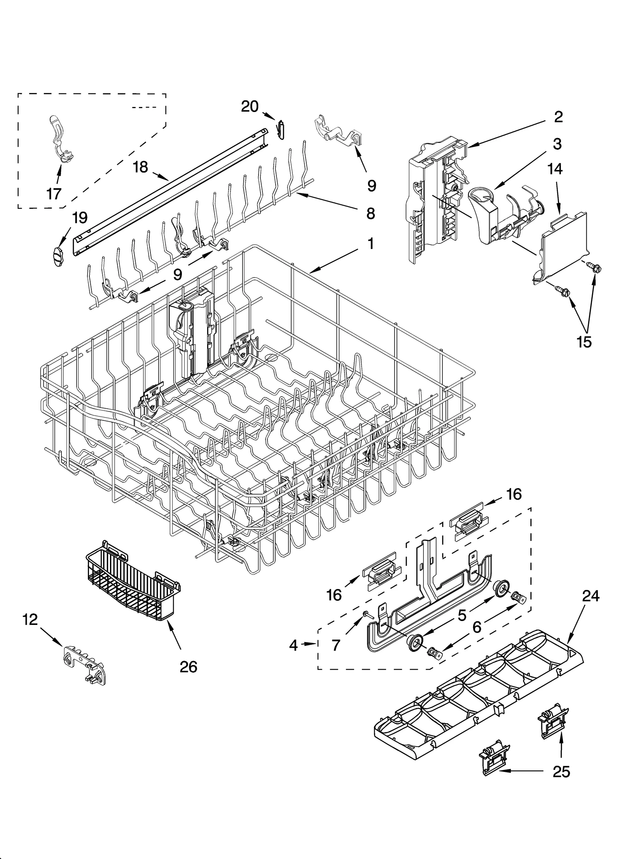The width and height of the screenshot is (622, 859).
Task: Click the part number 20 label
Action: (250, 106)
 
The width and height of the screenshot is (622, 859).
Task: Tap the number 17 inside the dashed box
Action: (54, 193)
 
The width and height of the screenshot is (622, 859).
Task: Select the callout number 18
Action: (140, 167)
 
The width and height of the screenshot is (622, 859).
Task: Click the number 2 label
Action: (558, 117)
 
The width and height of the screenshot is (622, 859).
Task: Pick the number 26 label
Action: (189, 667)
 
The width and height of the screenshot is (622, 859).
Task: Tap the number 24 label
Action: (591, 596)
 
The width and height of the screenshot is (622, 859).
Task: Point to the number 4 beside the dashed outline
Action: (294, 645)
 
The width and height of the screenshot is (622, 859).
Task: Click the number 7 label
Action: (336, 646)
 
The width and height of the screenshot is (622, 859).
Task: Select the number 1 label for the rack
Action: (370, 244)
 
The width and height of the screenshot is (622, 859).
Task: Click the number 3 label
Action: (557, 144)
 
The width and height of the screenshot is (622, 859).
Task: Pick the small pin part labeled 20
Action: (281, 129)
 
